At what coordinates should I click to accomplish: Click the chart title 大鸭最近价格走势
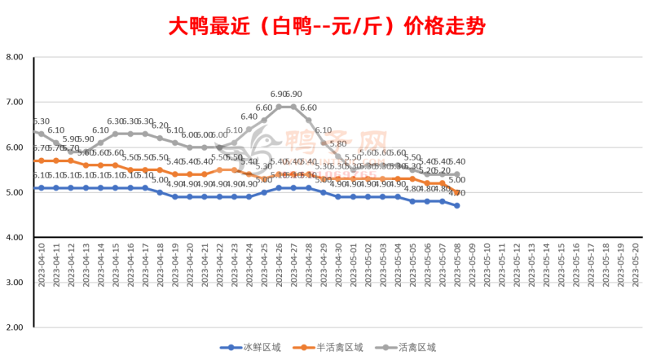(326, 26)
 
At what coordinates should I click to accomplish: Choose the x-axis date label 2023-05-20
(636, 265)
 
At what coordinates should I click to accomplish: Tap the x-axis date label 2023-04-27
(293, 265)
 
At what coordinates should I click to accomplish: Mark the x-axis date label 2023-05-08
(457, 265)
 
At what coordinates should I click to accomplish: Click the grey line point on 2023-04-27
(293, 107)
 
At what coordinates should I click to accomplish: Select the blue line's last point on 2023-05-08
(457, 206)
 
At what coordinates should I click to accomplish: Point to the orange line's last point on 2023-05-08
(457, 192)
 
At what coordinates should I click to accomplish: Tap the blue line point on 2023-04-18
(160, 192)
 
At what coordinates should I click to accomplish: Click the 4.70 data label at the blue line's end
(457, 194)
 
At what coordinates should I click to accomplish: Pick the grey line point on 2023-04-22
(219, 147)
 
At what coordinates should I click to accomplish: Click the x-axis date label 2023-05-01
(353, 265)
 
